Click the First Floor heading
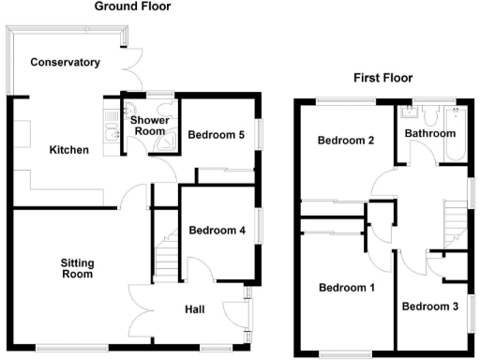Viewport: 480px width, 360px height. [382, 78]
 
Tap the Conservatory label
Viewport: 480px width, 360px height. [65, 63]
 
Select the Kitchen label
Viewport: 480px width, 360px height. [69, 150]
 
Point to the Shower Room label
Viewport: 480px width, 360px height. [148, 127]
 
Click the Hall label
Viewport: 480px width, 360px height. [194, 308]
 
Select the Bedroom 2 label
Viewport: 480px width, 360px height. [345, 141]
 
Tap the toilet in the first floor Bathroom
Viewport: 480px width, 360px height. [433, 116]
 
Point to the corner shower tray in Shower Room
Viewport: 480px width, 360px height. [168, 141]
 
